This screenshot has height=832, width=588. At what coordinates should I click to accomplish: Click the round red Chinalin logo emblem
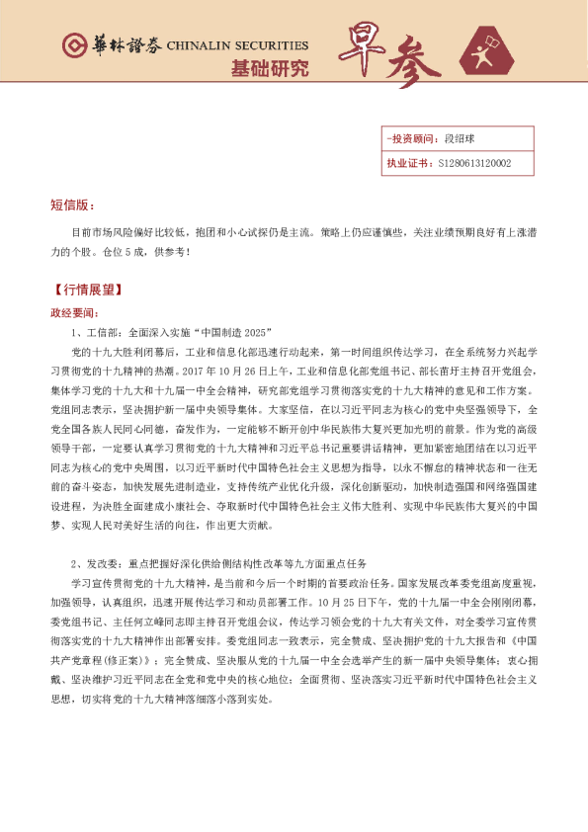[72, 46]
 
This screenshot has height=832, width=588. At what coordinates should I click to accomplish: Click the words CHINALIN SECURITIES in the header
[237, 45]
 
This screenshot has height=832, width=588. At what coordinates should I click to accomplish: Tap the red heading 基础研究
[269, 69]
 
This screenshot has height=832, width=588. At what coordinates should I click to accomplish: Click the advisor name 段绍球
[461, 140]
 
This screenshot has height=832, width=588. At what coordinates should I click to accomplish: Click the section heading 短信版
[71, 206]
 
